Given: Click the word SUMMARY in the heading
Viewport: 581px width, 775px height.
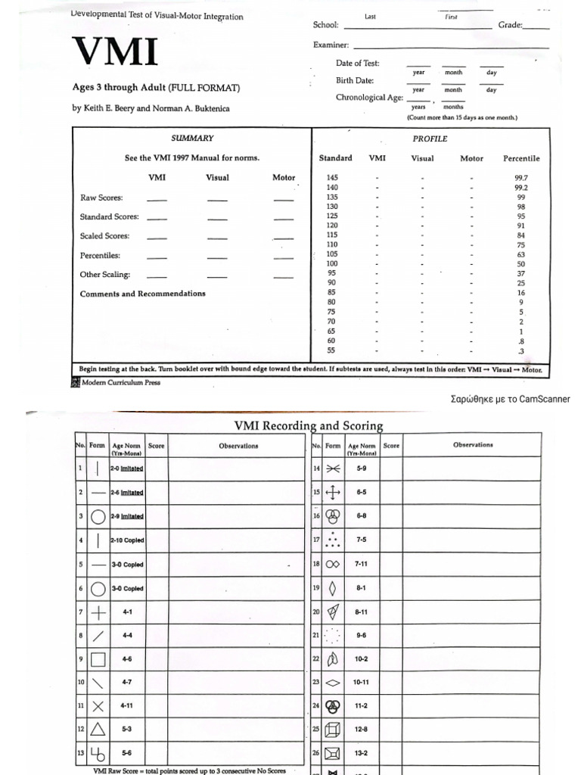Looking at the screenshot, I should (x=192, y=139).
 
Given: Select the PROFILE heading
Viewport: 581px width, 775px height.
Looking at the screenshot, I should (x=429, y=139).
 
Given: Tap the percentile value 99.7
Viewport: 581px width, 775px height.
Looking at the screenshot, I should (x=521, y=177).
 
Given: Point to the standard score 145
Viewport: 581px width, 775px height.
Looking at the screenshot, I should (x=332, y=177).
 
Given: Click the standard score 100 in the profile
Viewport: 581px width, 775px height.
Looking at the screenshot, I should (x=332, y=263).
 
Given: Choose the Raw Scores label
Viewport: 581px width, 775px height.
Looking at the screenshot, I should (x=101, y=198).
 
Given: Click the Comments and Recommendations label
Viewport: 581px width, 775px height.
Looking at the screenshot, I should (x=142, y=294).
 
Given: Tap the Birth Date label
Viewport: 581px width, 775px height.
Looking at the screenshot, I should (x=355, y=80).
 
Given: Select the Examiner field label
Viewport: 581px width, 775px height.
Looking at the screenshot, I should (x=331, y=45).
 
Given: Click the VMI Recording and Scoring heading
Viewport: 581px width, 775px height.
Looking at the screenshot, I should (x=309, y=426).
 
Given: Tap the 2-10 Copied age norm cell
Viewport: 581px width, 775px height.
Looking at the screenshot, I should (x=127, y=541).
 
